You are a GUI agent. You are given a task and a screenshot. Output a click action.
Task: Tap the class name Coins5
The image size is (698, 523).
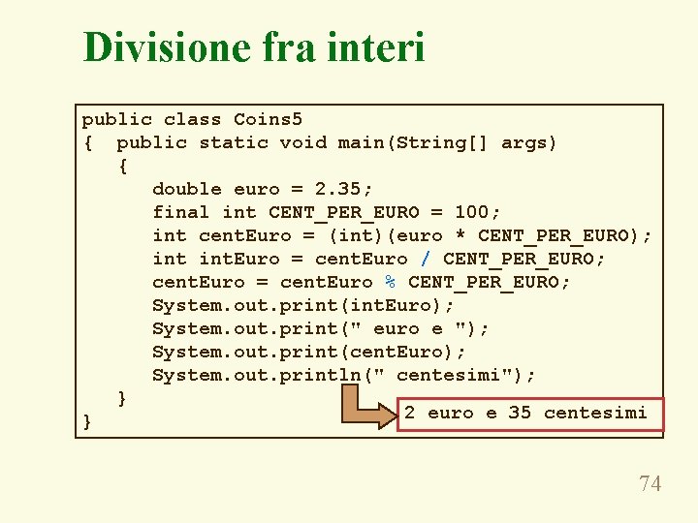click(x=269, y=120)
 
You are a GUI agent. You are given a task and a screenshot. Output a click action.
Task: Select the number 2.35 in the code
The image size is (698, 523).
click(x=344, y=189)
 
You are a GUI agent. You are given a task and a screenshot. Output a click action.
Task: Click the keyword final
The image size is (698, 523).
click(x=181, y=212)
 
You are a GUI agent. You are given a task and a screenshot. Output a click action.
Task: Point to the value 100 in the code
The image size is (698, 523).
click(x=472, y=212)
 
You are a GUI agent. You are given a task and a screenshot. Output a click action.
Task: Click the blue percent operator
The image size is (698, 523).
click(x=391, y=282)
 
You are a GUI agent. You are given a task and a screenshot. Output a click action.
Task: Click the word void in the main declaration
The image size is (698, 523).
click(x=303, y=143)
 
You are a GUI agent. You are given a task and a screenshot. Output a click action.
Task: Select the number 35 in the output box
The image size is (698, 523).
click(x=520, y=413)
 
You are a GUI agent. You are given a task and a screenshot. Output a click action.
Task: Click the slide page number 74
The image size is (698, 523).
click(x=650, y=483)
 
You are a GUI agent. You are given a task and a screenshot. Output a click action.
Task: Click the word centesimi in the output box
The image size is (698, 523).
click(x=595, y=413)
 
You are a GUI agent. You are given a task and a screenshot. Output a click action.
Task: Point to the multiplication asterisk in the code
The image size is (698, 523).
click(x=460, y=236)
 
